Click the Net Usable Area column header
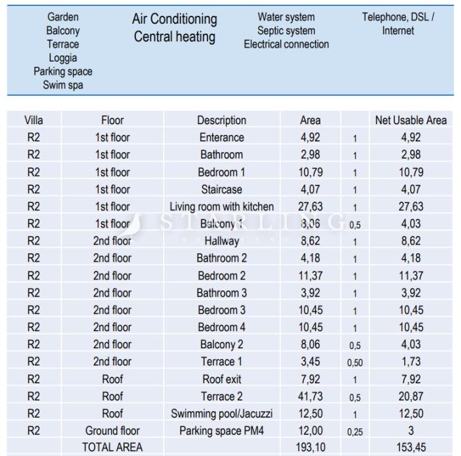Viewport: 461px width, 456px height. point(410,120)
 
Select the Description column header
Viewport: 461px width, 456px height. point(221,120)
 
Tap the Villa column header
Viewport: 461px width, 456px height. point(33,120)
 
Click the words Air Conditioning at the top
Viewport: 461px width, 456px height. point(174,20)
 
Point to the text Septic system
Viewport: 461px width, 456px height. point(286,31)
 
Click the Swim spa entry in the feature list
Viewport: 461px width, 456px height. point(63,85)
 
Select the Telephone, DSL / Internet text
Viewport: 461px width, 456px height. point(398,24)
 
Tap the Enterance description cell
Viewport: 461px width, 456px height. point(221,137)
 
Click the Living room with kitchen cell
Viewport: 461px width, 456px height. point(221,207)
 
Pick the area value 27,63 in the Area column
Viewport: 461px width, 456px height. point(310,207)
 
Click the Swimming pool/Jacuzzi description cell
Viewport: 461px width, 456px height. point(221,414)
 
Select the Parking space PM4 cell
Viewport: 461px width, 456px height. point(221,431)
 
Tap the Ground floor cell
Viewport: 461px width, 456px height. point(112,431)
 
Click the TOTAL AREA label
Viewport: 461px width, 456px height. point(112,447)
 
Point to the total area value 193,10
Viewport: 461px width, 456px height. point(310,447)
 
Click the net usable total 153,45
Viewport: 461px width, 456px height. point(410,447)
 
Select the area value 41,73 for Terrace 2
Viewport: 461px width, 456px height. point(310,397)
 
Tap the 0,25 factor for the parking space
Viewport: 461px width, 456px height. point(355,432)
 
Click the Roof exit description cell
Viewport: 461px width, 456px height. point(221,379)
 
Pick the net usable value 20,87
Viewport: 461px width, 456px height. point(410,397)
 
